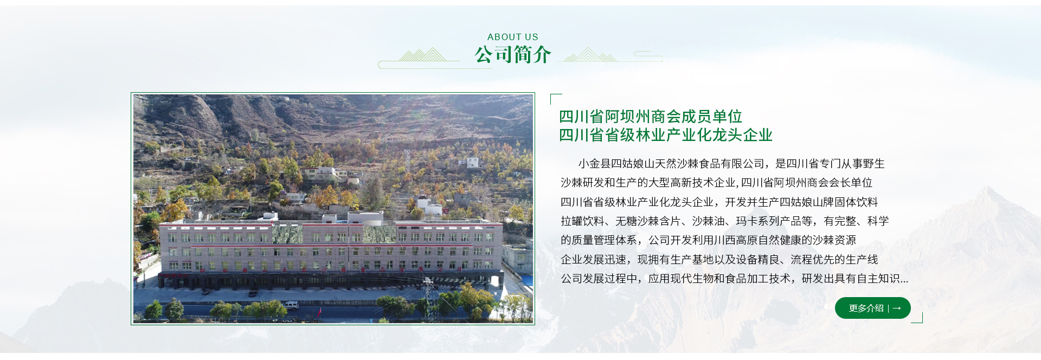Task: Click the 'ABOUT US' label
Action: [512, 37]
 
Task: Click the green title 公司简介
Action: [512, 55]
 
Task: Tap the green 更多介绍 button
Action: [872, 308]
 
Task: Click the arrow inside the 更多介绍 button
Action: [897, 308]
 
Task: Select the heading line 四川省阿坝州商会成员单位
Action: [651, 117]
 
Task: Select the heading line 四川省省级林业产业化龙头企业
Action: [666, 135]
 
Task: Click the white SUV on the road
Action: [291, 304]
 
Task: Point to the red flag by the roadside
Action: [319, 313]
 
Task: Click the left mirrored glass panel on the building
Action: [287, 234]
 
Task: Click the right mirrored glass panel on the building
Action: [380, 234]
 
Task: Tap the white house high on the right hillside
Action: [472, 162]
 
